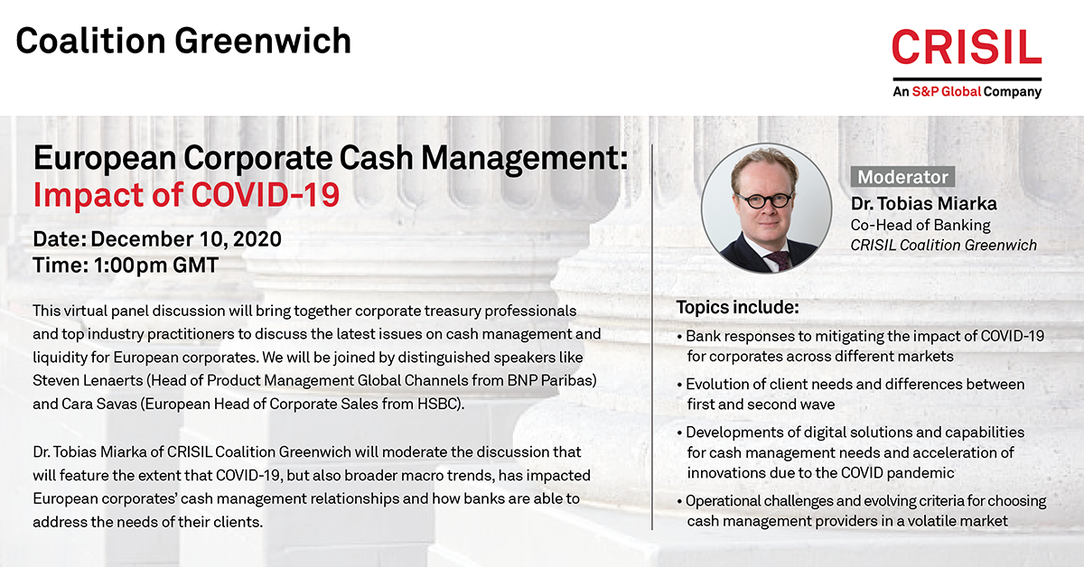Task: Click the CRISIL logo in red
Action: pyautogui.click(x=967, y=46)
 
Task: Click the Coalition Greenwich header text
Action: pyautogui.click(x=183, y=41)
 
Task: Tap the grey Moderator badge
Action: pyautogui.click(x=902, y=177)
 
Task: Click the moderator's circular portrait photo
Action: pyautogui.click(x=767, y=208)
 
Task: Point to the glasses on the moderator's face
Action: pyautogui.click(x=764, y=200)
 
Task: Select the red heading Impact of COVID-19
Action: pyautogui.click(x=186, y=195)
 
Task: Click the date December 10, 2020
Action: pyautogui.click(x=186, y=239)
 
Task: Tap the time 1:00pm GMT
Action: pyautogui.click(x=155, y=265)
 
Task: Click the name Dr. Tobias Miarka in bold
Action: pyautogui.click(x=924, y=204)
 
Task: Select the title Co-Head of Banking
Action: pyautogui.click(x=920, y=225)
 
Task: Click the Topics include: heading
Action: pyautogui.click(x=737, y=307)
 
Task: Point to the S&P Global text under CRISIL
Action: pyautogui.click(x=946, y=91)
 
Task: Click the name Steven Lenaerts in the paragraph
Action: pyautogui.click(x=88, y=381)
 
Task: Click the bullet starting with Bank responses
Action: pyautogui.click(x=861, y=346)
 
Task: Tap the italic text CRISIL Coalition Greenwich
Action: pyautogui.click(x=944, y=246)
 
